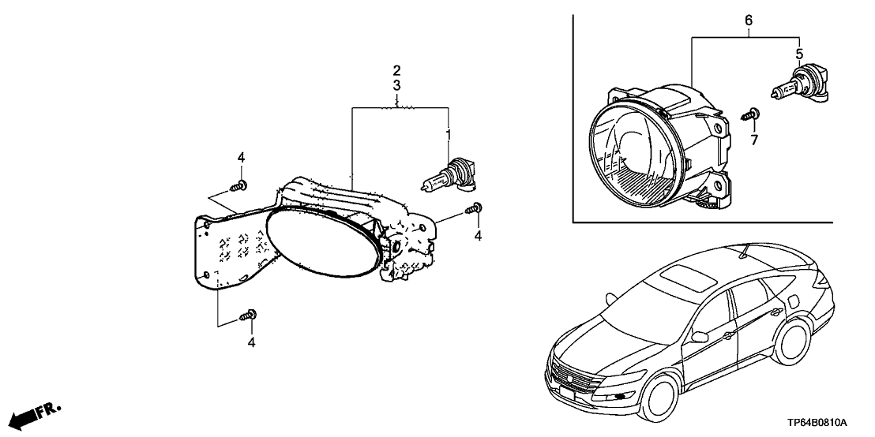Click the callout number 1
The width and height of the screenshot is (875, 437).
click(449, 135)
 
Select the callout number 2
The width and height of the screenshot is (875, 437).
click(397, 70)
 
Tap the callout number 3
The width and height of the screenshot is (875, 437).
click(397, 84)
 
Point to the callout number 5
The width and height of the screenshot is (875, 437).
click(798, 54)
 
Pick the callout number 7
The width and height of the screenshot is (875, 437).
click(753, 140)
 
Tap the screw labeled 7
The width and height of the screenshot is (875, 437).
click(751, 115)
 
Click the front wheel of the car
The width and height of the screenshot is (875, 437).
click(661, 395)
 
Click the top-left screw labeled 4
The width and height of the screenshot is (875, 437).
click(238, 186)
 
